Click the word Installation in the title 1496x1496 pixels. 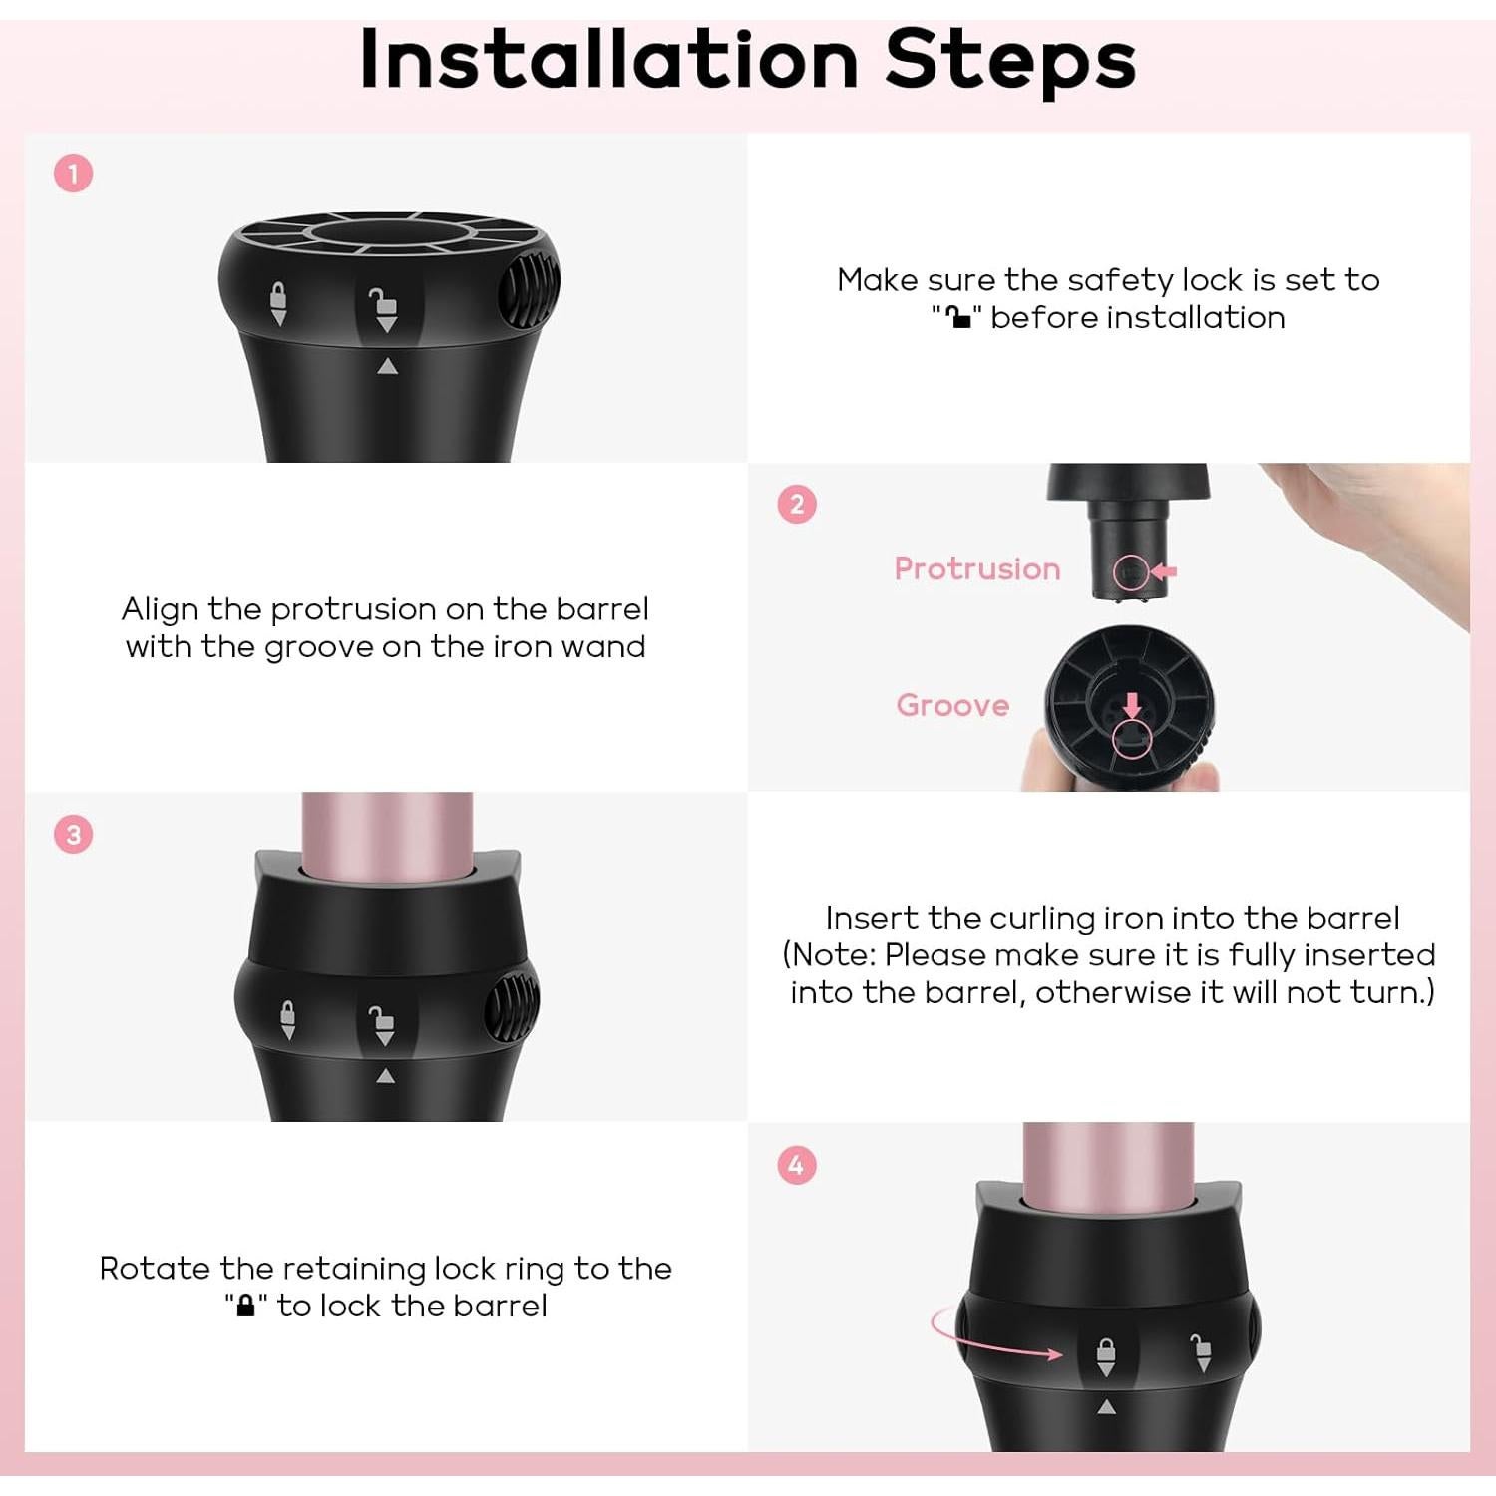pos(608,60)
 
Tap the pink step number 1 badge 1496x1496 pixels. pos(73,174)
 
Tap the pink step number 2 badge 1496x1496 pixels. pos(797,505)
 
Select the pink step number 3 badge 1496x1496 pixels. pos(73,834)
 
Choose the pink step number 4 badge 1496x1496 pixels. pos(796,1165)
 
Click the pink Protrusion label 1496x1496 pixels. pos(977,569)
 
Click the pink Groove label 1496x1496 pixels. pos(952,705)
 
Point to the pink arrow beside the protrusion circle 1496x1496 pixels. pos(1163,571)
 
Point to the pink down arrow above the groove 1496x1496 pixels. pos(1132,706)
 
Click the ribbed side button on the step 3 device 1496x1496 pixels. pos(512,1007)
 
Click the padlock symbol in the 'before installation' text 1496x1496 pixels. pos(958,317)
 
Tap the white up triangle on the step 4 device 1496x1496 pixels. pos(1106,1407)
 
